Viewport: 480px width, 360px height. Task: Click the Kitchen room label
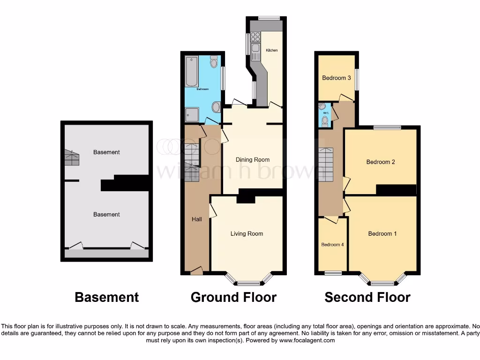click(272, 50)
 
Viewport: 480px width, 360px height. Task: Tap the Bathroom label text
click(202, 89)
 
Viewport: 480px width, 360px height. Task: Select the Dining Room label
click(253, 160)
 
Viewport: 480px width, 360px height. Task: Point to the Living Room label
click(247, 234)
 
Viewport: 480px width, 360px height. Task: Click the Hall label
click(197, 219)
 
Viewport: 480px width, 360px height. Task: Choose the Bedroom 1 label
click(382, 234)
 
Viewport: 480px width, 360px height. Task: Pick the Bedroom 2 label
click(381, 162)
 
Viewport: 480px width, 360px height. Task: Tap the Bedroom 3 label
click(337, 78)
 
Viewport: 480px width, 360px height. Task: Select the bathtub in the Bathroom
click(192, 72)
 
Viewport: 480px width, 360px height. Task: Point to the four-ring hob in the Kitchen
click(255, 37)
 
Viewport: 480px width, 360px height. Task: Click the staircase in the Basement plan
click(72, 158)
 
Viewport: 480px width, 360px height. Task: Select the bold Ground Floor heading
click(233, 297)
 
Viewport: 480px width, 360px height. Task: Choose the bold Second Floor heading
click(367, 297)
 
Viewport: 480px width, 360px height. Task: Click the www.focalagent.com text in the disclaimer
click(307, 340)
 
